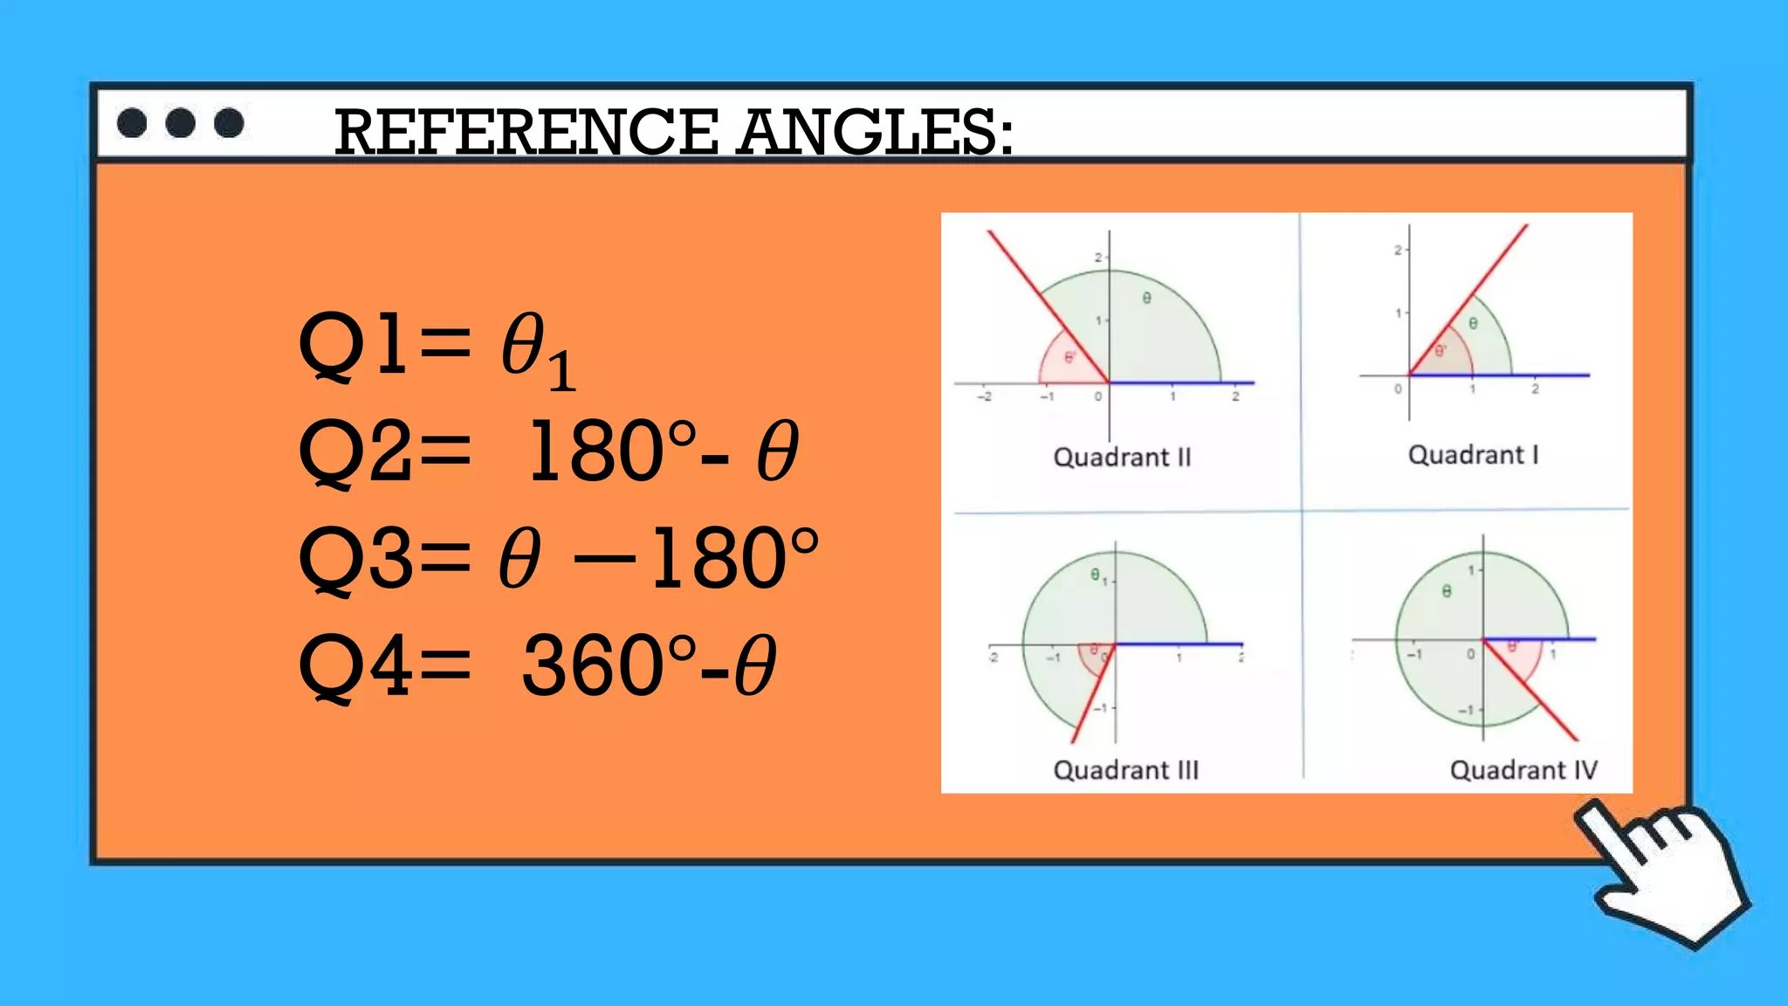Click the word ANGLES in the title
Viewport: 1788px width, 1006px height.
point(874,133)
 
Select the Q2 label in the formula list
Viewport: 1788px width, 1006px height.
point(354,451)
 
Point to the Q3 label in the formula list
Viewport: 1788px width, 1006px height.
point(354,558)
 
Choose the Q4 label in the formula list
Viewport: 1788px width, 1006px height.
point(354,665)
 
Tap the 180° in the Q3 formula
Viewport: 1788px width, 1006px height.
point(733,558)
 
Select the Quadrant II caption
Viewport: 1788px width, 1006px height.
point(1122,458)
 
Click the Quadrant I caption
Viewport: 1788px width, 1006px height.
point(1473,455)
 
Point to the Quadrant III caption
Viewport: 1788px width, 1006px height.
point(1126,770)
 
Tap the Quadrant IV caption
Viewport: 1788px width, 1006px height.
point(1523,770)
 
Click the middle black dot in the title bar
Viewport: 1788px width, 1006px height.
point(181,123)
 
